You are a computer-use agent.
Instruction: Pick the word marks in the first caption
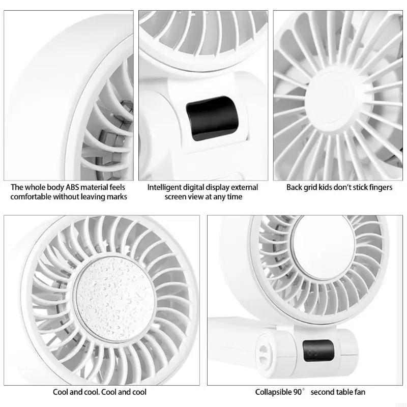point(117,196)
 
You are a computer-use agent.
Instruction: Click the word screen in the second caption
point(176,196)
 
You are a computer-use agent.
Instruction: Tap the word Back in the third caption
point(295,187)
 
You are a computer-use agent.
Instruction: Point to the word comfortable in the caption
point(32,196)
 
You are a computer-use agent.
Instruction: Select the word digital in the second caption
point(202,187)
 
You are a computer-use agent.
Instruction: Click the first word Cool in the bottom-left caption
point(61,392)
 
